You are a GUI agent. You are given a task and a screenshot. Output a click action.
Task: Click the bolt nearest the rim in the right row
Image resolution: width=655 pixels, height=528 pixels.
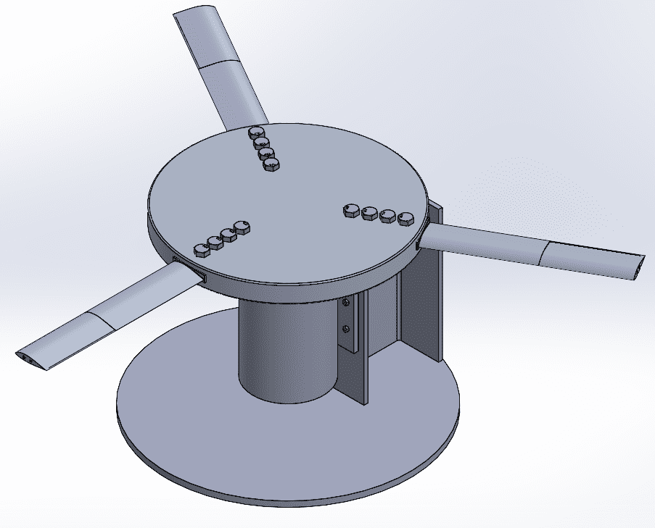coord(405,218)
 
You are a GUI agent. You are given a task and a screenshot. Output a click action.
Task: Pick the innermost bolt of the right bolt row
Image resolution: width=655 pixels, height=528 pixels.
coord(351,210)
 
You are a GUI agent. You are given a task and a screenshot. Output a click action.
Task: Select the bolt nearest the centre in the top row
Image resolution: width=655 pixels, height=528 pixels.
coord(271,164)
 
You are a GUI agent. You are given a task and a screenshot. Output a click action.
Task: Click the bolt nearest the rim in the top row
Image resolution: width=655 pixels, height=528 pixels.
coord(255,133)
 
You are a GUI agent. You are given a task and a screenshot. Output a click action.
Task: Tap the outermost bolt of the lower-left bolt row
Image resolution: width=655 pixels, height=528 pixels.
coord(201,251)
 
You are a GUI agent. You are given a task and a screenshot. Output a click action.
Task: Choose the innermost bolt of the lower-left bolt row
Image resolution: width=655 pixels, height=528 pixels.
coord(242,226)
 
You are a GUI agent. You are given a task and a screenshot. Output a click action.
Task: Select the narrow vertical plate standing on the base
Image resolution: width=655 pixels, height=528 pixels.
coord(362,348)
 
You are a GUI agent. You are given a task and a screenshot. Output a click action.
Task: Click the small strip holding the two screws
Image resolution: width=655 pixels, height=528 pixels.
coord(349,319)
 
